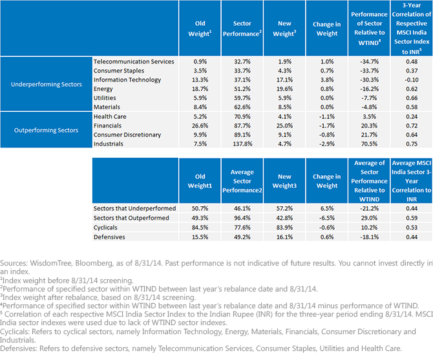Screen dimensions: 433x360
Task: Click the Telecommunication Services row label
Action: [x=134, y=61]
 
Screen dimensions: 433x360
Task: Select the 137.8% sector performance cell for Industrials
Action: [x=242, y=144]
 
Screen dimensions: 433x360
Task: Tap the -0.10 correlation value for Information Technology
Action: [x=412, y=79]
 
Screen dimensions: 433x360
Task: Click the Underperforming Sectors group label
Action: [x=47, y=84]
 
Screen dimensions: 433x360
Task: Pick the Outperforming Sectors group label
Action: [x=46, y=130]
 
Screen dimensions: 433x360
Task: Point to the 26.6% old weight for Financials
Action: [x=200, y=125]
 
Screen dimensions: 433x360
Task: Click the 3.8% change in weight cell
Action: [x=327, y=79]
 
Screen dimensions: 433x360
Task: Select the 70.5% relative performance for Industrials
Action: [x=369, y=144]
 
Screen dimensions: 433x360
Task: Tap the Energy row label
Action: [x=103, y=89]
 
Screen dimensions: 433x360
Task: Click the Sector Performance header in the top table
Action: [x=242, y=28]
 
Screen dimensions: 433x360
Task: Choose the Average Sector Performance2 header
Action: [x=242, y=181]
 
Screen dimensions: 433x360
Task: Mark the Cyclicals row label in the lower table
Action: [x=105, y=228]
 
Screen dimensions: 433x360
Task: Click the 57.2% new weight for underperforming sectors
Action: [x=284, y=208]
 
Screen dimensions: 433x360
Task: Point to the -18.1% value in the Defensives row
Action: [x=369, y=237]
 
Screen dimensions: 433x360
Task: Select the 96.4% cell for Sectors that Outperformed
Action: [x=242, y=218]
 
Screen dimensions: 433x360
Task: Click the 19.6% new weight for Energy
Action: [x=284, y=89]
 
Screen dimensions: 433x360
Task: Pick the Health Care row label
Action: [x=110, y=116]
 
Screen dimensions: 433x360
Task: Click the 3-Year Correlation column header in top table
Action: [x=412, y=28]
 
